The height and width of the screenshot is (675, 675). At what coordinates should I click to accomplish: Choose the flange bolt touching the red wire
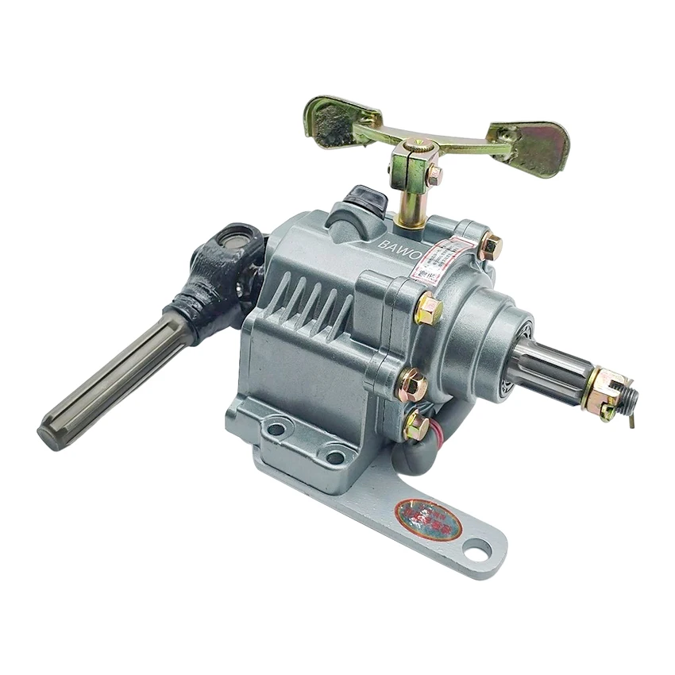tap(416, 426)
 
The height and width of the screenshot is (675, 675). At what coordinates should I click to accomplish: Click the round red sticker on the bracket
tap(428, 519)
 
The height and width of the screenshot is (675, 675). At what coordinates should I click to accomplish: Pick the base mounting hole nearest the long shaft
tap(276, 429)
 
